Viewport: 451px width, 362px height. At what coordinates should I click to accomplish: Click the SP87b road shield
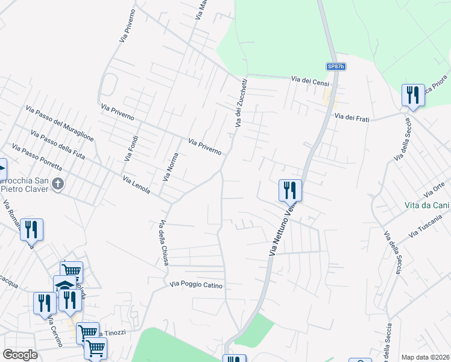point(337,66)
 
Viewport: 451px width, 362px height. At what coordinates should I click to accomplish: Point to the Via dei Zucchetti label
point(241,103)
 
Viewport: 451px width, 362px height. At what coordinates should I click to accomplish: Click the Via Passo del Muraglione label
point(59,123)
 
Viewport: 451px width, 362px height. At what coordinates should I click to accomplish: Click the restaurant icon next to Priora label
point(413,95)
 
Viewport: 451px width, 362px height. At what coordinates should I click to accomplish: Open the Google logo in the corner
point(20,355)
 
